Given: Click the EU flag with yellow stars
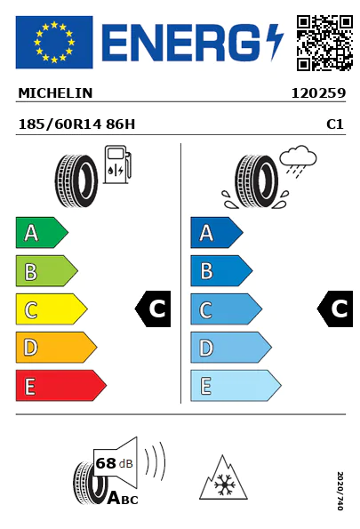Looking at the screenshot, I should point(53,42).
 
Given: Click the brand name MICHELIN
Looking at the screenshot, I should point(55,92).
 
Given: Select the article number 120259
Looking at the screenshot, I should point(318,92).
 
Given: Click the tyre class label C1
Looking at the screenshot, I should point(335,125).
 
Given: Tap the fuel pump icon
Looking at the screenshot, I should point(117,167).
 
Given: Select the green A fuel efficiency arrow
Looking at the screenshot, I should point(41,233).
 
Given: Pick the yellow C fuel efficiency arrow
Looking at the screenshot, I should point(51,309).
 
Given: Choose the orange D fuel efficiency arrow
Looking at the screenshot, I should point(55,348).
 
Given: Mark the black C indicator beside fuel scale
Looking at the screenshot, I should point(154,309).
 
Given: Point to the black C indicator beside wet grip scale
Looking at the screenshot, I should point(336,309).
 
